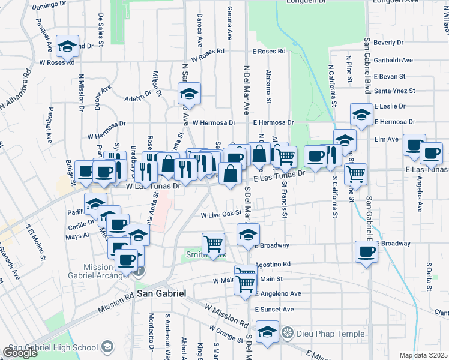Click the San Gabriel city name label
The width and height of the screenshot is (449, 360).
pos(161,293)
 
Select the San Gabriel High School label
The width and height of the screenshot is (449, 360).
pos(53,347)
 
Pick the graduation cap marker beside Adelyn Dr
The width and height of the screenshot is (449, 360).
pos(189,93)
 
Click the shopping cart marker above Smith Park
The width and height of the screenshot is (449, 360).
pos(213,243)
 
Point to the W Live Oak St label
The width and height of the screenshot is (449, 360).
pos(220,214)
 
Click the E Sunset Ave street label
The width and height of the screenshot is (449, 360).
pos(273,310)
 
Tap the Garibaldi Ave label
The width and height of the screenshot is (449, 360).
pos(393,60)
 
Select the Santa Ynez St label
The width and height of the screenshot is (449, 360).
pos(394,91)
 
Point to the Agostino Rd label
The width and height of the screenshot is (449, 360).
pos(273,264)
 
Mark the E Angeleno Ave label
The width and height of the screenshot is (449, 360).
pos(277,294)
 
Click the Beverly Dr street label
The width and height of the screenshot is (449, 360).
pos(388,43)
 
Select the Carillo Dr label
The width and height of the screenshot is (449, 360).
pos(81,225)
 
